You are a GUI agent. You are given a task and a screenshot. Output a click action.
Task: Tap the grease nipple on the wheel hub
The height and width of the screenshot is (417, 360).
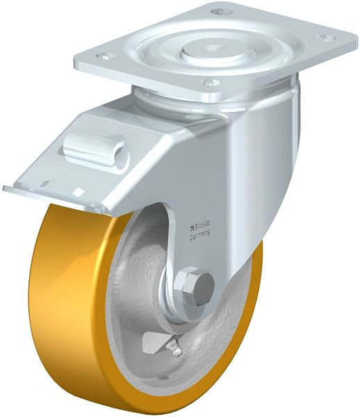pos(177,350)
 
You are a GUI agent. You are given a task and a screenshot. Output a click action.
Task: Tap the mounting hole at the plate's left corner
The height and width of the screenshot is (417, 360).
pos(104,55)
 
